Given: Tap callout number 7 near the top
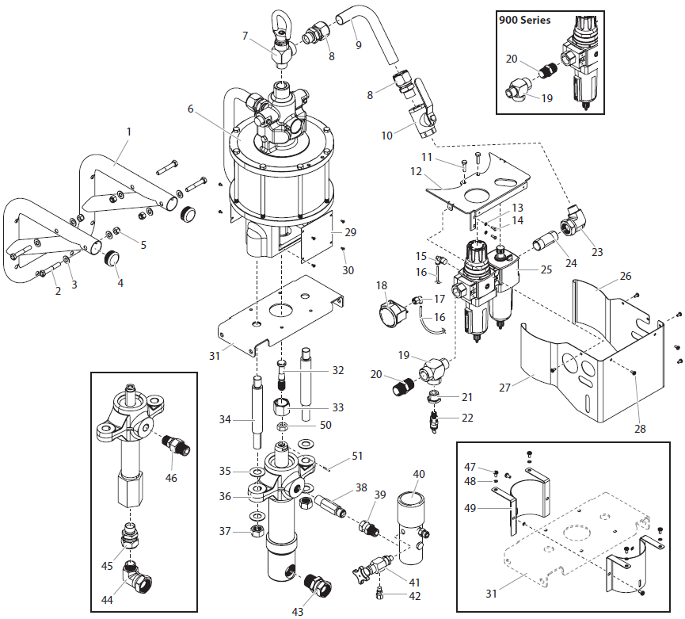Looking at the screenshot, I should tap(245, 36).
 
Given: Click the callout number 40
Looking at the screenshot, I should tap(418, 474).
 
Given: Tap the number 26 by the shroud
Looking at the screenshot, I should tap(626, 277).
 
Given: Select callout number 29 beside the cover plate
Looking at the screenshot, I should tap(351, 232).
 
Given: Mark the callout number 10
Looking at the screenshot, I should tap(387, 136).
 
